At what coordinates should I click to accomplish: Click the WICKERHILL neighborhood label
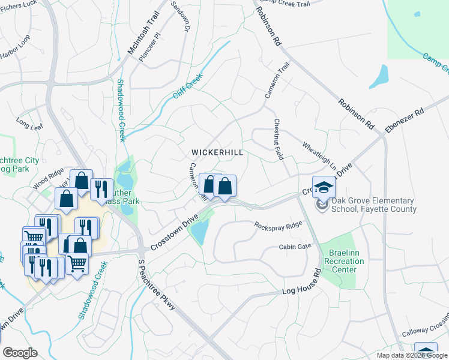217,152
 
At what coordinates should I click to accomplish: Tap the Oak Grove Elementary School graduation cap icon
324,187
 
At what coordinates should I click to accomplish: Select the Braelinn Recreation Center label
340,262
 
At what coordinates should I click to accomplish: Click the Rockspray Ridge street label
278,226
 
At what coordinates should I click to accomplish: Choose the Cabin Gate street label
295,247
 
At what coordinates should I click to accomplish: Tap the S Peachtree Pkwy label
157,285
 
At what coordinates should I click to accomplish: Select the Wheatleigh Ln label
319,155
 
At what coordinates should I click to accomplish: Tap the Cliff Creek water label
188,85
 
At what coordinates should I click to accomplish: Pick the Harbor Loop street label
16,49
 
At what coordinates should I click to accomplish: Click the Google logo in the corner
20,353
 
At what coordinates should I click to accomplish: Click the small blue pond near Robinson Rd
379,77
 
